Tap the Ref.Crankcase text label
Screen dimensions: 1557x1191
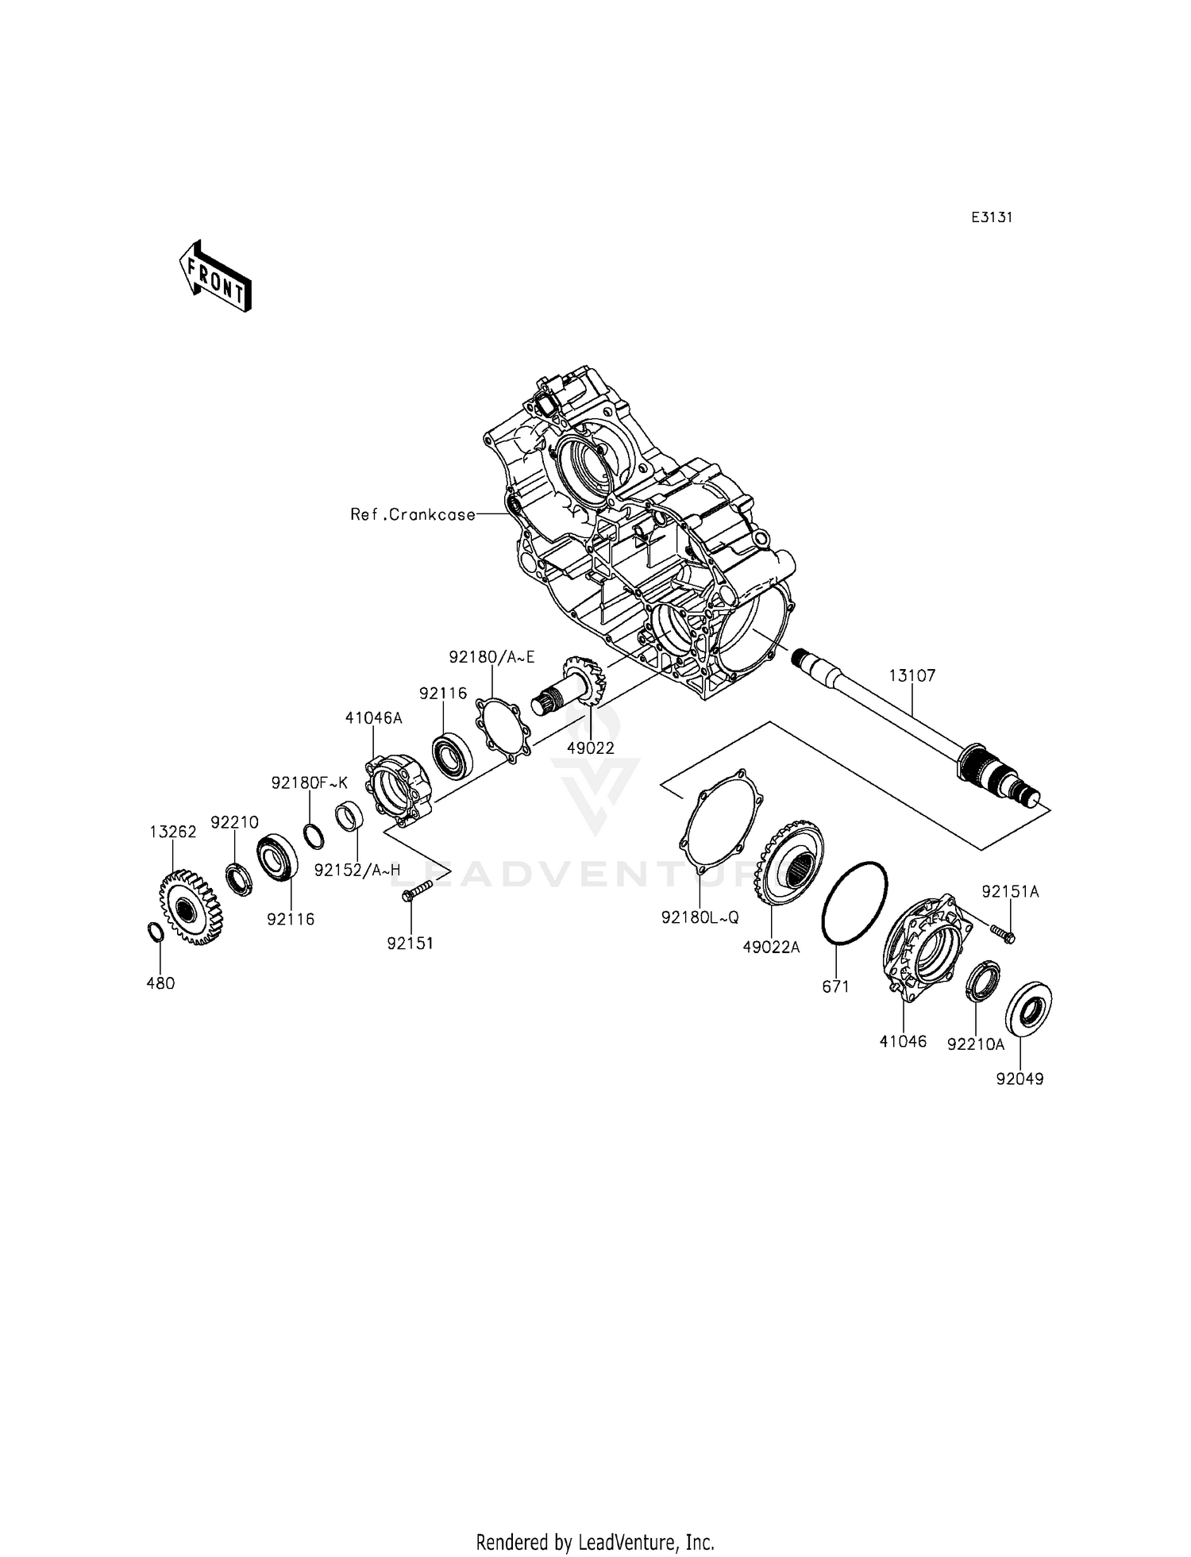tap(413, 514)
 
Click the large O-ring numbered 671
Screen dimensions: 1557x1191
tap(854, 903)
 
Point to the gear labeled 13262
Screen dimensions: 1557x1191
tap(191, 906)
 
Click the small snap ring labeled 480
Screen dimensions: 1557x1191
tap(156, 932)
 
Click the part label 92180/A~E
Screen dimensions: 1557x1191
tap(491, 657)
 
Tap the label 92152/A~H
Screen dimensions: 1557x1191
tap(357, 870)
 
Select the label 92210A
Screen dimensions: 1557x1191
tap(975, 1044)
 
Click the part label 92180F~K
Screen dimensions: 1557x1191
tap(309, 782)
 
